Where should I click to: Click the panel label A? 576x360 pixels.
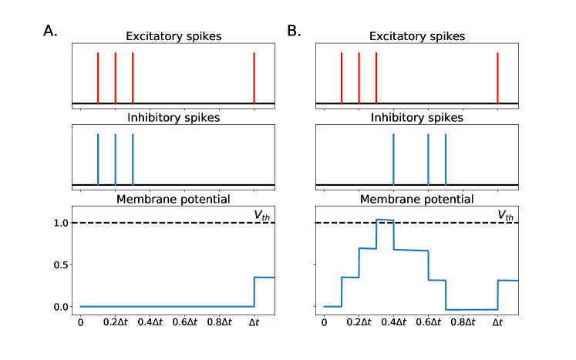point(50,32)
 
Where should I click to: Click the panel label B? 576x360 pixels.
point(294,32)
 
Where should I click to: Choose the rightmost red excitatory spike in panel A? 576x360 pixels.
point(254,77)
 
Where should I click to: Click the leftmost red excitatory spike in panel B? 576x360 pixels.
point(342,77)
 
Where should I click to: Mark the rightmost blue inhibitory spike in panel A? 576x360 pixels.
point(133,160)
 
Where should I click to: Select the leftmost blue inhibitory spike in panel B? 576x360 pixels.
point(393,160)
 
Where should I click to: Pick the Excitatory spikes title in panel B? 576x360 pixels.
point(417,37)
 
